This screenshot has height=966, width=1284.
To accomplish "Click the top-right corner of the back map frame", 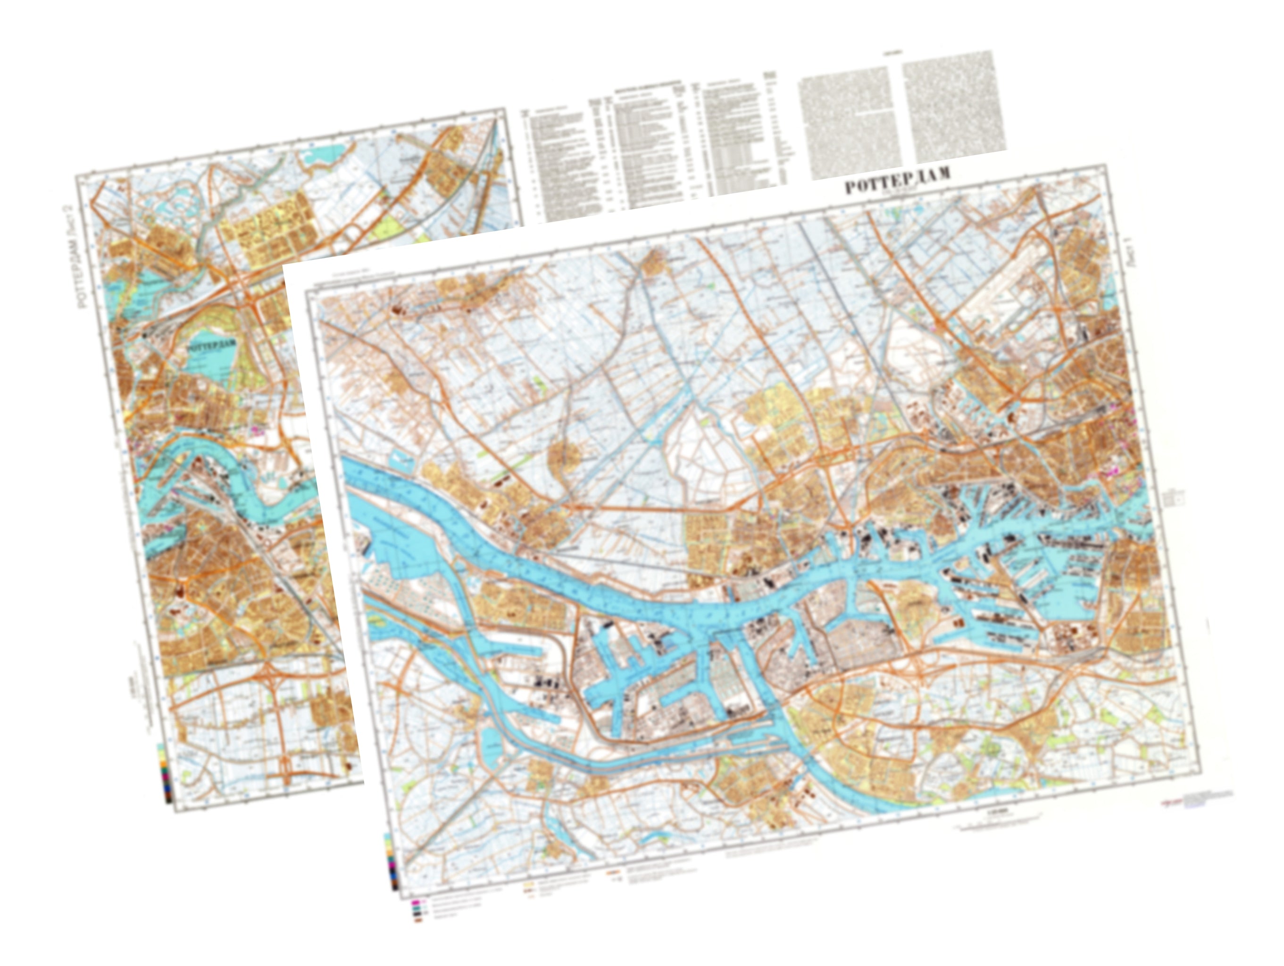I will pos(503,108).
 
